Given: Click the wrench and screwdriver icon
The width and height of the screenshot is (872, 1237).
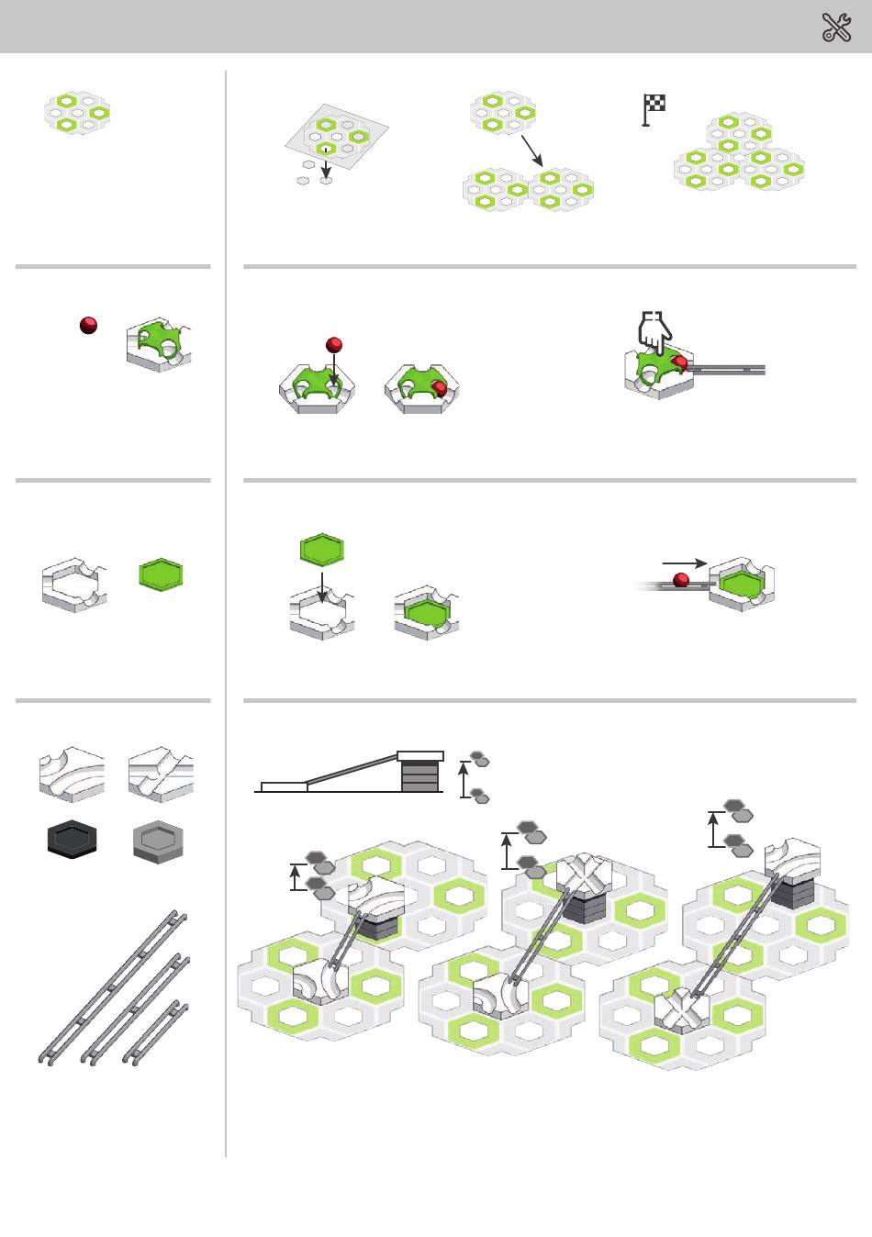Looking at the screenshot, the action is (836, 28).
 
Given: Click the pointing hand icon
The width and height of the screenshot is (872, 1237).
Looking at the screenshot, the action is (654, 331).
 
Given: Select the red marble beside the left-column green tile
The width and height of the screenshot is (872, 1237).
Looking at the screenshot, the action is (88, 324).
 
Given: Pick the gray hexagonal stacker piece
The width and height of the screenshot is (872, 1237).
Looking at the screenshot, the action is (158, 840).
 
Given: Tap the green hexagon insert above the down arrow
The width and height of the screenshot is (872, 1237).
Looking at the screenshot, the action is (322, 551).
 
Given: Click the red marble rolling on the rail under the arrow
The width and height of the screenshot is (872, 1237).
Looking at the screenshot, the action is (681, 579).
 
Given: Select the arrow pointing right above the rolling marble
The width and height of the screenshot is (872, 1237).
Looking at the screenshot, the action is (685, 563).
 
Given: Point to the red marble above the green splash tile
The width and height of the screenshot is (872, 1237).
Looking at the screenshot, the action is (334, 345).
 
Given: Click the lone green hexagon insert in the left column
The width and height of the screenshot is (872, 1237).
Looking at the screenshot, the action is (161, 575).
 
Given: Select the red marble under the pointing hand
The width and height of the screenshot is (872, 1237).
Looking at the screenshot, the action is (680, 363).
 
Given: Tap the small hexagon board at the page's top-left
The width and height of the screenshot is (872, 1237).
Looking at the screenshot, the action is (78, 112).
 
